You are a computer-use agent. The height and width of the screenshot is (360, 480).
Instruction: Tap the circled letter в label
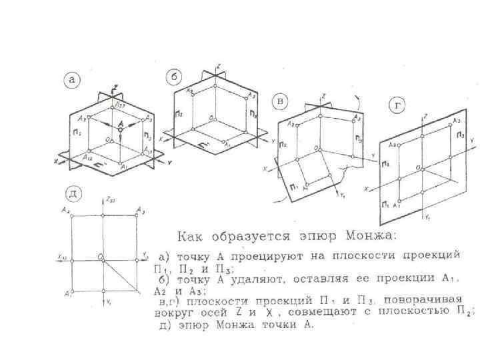click(x=282, y=102)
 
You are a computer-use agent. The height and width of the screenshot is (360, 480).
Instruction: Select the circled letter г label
click(x=398, y=107)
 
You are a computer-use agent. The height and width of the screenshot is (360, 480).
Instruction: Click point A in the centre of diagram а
click(x=121, y=125)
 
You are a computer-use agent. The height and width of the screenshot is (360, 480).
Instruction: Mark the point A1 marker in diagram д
click(x=72, y=291)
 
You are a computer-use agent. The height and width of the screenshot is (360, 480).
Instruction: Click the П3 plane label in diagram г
click(x=461, y=135)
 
